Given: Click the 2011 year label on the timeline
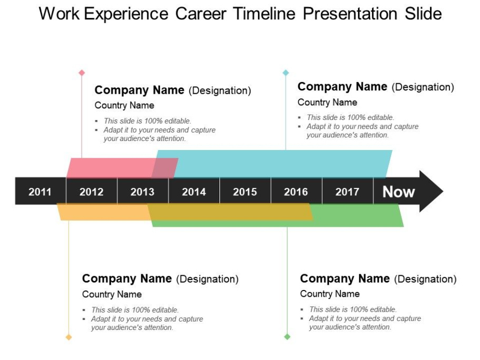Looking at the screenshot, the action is pyautogui.click(x=40, y=192).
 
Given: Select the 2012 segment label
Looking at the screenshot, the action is pyautogui.click(x=92, y=192).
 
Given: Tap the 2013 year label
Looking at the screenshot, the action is pyautogui.click(x=142, y=192).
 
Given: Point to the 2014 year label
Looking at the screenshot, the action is pyautogui.click(x=194, y=192).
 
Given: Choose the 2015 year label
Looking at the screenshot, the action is pyautogui.click(x=245, y=192).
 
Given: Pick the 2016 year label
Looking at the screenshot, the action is pyautogui.click(x=296, y=192).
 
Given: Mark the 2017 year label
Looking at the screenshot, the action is pyautogui.click(x=347, y=192).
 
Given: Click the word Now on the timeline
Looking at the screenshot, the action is pyautogui.click(x=398, y=192).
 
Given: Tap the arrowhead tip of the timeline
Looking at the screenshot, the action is pyautogui.click(x=443, y=192).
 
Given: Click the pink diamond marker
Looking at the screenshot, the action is pyautogui.click(x=82, y=73).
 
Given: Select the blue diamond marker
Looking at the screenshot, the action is pyautogui.click(x=286, y=73).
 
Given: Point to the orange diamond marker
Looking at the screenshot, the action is pyautogui.click(x=69, y=337).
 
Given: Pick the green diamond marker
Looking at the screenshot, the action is pyautogui.click(x=287, y=337).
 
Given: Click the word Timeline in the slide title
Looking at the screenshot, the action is pyautogui.click(x=264, y=14).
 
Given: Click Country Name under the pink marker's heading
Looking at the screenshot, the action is pyautogui.click(x=124, y=105).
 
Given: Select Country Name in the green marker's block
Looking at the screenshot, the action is pyautogui.click(x=329, y=294).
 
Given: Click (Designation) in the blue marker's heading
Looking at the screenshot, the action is pyautogui.click(x=423, y=87).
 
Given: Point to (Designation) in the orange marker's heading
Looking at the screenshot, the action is pyautogui.click(x=207, y=279).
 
